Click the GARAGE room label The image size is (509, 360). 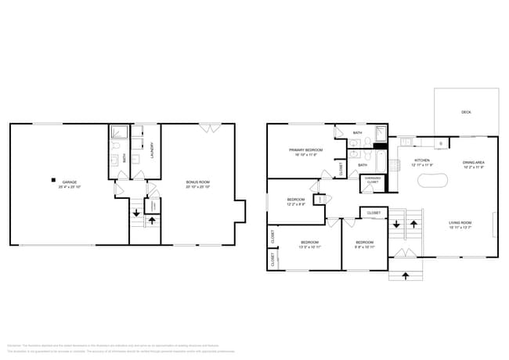click(69, 182)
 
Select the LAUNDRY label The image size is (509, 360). click(152, 149)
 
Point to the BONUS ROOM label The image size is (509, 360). click(197, 182)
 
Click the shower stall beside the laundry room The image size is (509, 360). click(120, 133)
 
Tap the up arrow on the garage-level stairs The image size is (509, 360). click(152, 221)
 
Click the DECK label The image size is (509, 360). click(466, 112)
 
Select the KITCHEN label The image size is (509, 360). click(422, 160)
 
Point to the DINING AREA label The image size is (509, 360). click(475, 161)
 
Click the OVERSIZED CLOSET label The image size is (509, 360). click(373, 181)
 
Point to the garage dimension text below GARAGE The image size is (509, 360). click(69, 187)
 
